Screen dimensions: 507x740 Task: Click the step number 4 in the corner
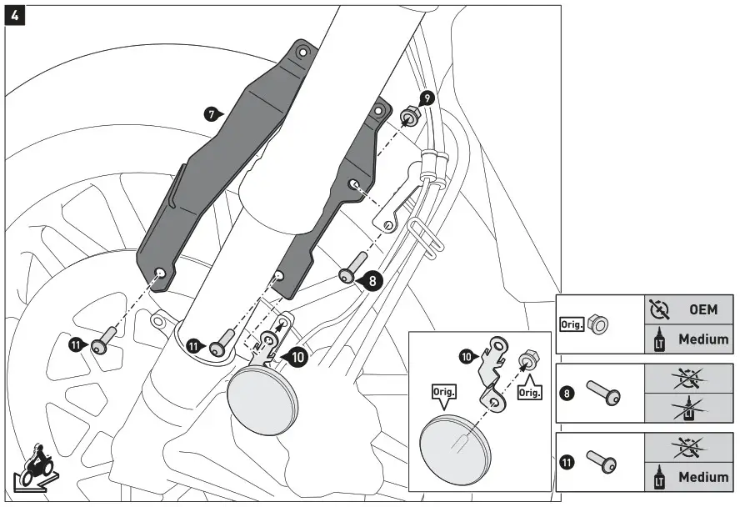point(14,15)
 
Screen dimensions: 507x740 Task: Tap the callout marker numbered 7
point(212,112)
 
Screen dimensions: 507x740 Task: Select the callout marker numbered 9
point(426,98)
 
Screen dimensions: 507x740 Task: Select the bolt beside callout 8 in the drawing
point(349,268)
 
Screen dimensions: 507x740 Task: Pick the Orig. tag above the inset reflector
point(443,391)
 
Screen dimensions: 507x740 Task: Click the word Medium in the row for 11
point(702,478)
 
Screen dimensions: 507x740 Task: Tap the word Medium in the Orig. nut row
point(702,339)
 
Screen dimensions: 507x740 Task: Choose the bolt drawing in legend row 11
point(602,459)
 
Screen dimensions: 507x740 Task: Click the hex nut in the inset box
point(527,361)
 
